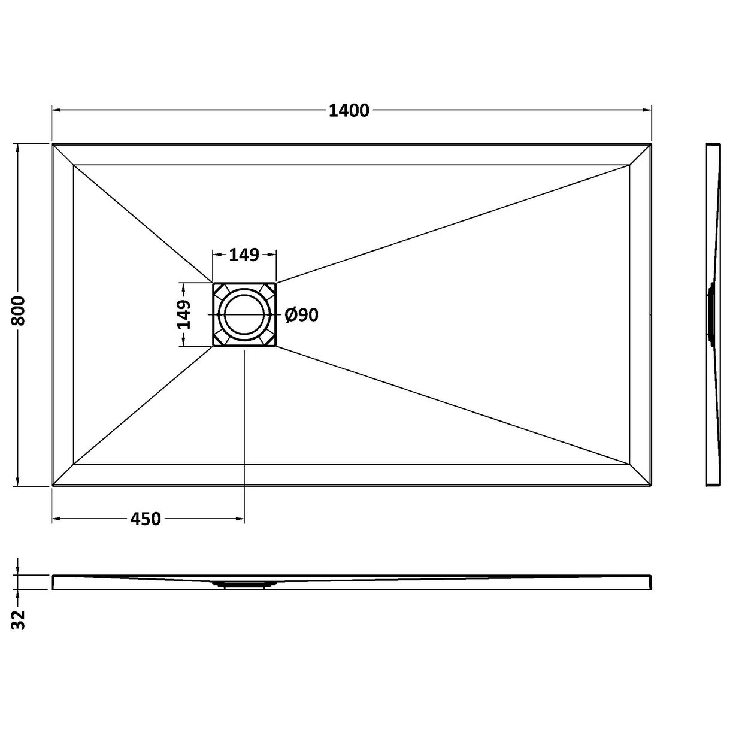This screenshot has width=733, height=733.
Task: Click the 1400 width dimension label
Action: click(x=349, y=110)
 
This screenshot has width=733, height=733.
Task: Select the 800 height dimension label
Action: click(x=19, y=311)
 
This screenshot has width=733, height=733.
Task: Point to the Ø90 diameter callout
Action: click(x=302, y=315)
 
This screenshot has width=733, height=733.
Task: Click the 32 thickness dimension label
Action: click(x=20, y=620)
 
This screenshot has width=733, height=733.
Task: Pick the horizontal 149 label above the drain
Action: click(x=244, y=255)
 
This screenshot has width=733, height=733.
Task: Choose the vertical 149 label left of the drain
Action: click(x=184, y=314)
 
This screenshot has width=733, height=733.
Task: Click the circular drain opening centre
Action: click(x=244, y=314)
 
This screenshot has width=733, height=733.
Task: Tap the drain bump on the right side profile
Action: click(x=711, y=314)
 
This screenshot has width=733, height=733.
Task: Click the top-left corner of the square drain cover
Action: click(x=213, y=283)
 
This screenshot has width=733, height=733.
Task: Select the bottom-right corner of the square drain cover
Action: click(x=276, y=346)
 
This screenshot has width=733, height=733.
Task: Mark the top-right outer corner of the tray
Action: click(x=651, y=144)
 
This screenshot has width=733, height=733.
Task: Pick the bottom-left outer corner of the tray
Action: click(x=52, y=486)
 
